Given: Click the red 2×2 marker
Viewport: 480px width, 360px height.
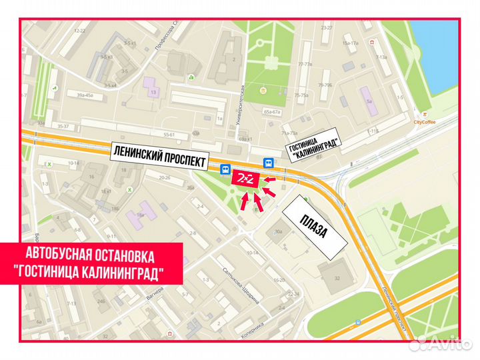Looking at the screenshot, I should pyautogui.click(x=243, y=179).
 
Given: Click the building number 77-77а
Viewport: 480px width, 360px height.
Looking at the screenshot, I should pyautogui.click(x=306, y=65).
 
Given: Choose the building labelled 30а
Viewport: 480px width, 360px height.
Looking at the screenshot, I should pyautogui.click(x=279, y=232).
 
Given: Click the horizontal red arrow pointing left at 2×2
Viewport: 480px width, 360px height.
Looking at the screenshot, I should pyautogui.click(x=269, y=179).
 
